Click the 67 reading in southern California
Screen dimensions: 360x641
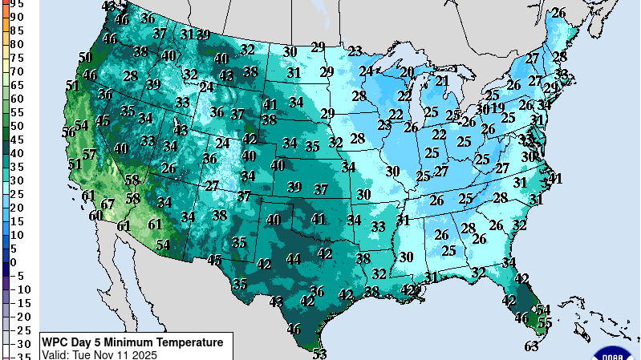tap(108, 204)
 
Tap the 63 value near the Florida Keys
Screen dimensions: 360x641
tap(531, 346)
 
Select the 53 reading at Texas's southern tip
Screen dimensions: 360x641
tap(320, 353)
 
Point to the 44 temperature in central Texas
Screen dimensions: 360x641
tap(294, 258)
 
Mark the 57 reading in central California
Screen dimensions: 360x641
tap(89, 154)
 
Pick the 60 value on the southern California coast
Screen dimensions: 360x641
tap(95, 215)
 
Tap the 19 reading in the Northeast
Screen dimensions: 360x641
tap(498, 107)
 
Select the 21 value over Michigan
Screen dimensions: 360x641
tap(442, 81)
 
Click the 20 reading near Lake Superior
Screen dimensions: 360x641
tap(407, 72)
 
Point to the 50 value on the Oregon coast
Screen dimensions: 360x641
tap(86, 57)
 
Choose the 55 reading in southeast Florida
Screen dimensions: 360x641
tap(545, 322)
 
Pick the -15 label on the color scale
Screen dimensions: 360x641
tap(23, 304)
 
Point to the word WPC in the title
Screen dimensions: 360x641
tap(56, 342)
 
